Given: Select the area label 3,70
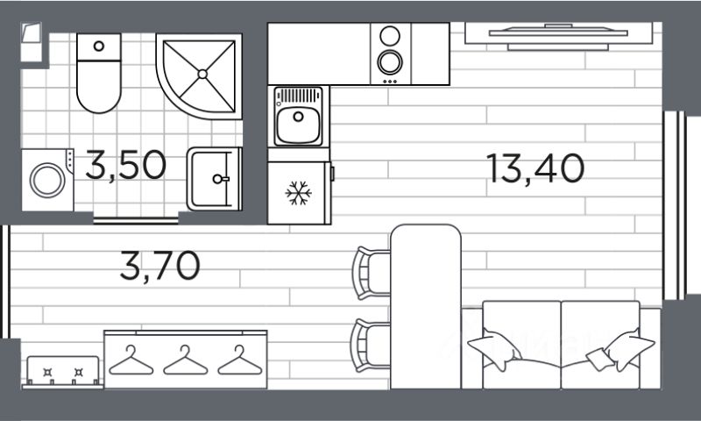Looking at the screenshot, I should (160, 265).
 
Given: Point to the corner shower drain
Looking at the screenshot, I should (203, 74).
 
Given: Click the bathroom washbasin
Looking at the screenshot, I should (213, 178).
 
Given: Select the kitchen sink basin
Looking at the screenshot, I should (296, 125).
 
